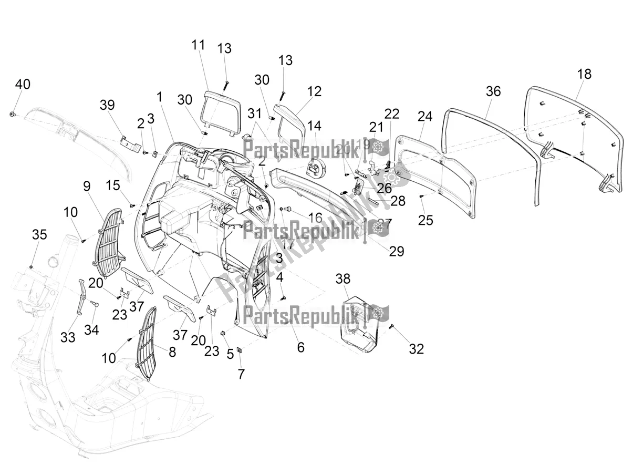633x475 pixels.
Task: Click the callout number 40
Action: (23, 85)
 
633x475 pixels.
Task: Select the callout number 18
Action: (584, 74)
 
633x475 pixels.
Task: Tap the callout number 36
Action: (493, 91)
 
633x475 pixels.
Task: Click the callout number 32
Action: (416, 348)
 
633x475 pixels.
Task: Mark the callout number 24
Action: (425, 117)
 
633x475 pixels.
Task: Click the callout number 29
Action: (397, 251)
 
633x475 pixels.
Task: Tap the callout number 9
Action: (86, 185)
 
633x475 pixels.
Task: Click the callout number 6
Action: (300, 347)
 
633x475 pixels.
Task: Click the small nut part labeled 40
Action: (14, 113)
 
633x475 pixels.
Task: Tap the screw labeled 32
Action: (392, 327)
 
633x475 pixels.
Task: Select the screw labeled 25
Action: (421, 196)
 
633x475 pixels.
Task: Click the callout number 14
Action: (314, 126)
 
